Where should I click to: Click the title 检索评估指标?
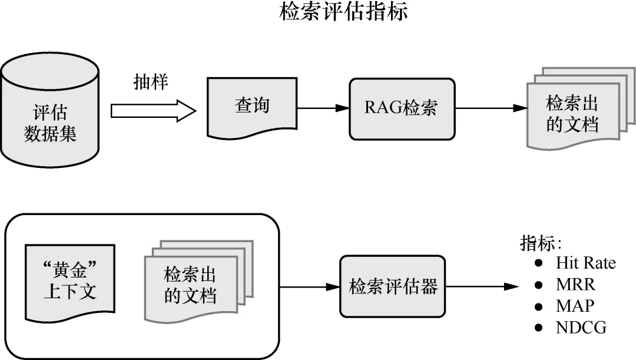[343, 13]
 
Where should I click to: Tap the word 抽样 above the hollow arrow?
[151, 82]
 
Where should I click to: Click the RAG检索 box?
[402, 108]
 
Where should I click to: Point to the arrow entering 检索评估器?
[309, 287]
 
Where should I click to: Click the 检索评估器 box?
[393, 287]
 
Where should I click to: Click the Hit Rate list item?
[585, 263]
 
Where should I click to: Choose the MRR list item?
[575, 285]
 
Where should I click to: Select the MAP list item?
[575, 306]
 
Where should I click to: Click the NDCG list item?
[581, 328]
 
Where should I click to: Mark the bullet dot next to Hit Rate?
[538, 263]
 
